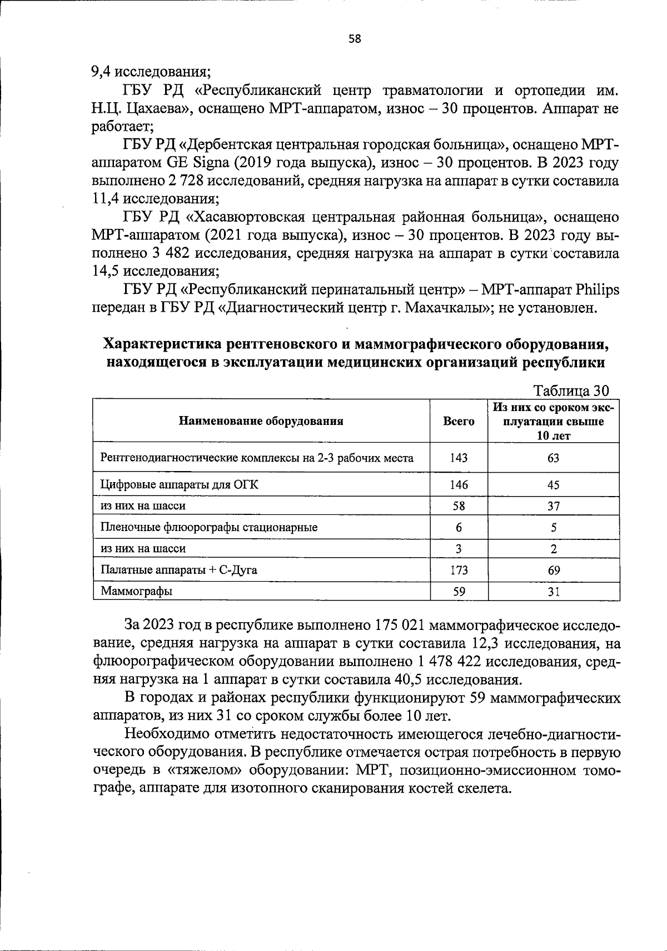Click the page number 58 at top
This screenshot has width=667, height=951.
(x=355, y=38)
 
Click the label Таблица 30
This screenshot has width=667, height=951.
(x=571, y=391)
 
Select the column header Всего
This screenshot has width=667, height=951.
(x=459, y=421)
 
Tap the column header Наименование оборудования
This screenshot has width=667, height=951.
(x=261, y=421)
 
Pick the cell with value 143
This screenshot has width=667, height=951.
(x=459, y=458)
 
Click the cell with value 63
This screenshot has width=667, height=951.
(x=553, y=458)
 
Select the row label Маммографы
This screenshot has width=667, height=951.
(x=136, y=591)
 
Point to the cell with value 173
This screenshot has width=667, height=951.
(x=459, y=570)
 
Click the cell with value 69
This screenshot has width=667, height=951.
(x=553, y=570)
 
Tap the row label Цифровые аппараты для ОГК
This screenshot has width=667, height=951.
(x=179, y=484)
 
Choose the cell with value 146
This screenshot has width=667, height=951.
(x=459, y=484)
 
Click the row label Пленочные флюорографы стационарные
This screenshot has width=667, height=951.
(x=209, y=527)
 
